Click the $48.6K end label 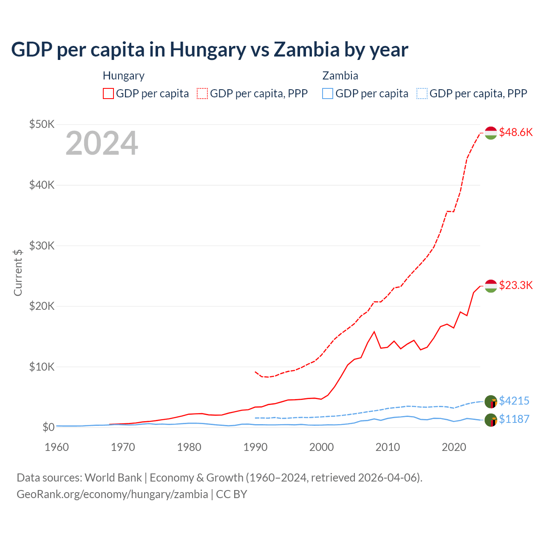516,132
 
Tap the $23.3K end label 516,285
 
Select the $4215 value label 514,401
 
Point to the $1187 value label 514,419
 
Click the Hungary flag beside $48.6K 491,133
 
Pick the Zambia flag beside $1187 491,420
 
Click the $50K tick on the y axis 42,124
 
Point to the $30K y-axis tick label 42,246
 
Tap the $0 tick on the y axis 48,427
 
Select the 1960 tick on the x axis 57,447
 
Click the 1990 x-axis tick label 255,447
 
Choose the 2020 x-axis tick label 454,447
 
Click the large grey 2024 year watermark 102,143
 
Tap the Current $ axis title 18,272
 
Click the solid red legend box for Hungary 108,93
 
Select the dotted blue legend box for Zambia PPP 422,93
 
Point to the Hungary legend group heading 124,76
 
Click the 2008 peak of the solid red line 374,331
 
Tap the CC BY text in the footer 232,494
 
